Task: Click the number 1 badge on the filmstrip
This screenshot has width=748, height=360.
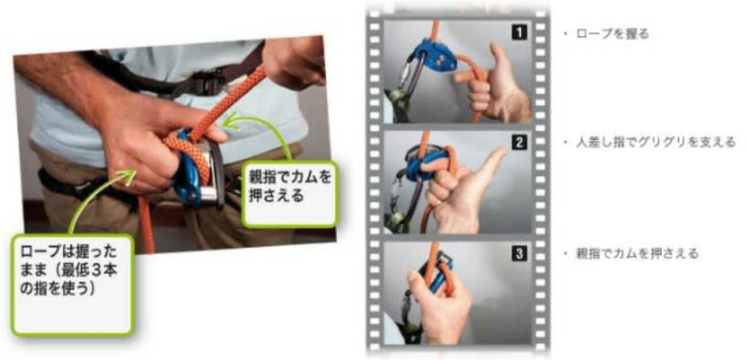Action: [520, 32]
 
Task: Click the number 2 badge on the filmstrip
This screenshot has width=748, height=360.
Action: [520, 143]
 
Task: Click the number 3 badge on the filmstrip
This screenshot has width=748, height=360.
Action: [520, 254]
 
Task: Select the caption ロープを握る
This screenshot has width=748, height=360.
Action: [612, 34]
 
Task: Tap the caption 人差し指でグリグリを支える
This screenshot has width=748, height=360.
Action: [656, 142]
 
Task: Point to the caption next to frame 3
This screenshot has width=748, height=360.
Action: [637, 254]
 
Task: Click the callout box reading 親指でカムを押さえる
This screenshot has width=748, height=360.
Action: [290, 194]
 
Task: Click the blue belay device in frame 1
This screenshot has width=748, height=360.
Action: [435, 57]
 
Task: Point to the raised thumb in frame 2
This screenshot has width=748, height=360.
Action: [494, 160]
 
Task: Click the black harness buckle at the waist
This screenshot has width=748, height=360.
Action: [208, 82]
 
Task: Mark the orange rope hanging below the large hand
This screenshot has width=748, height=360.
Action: [146, 224]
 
